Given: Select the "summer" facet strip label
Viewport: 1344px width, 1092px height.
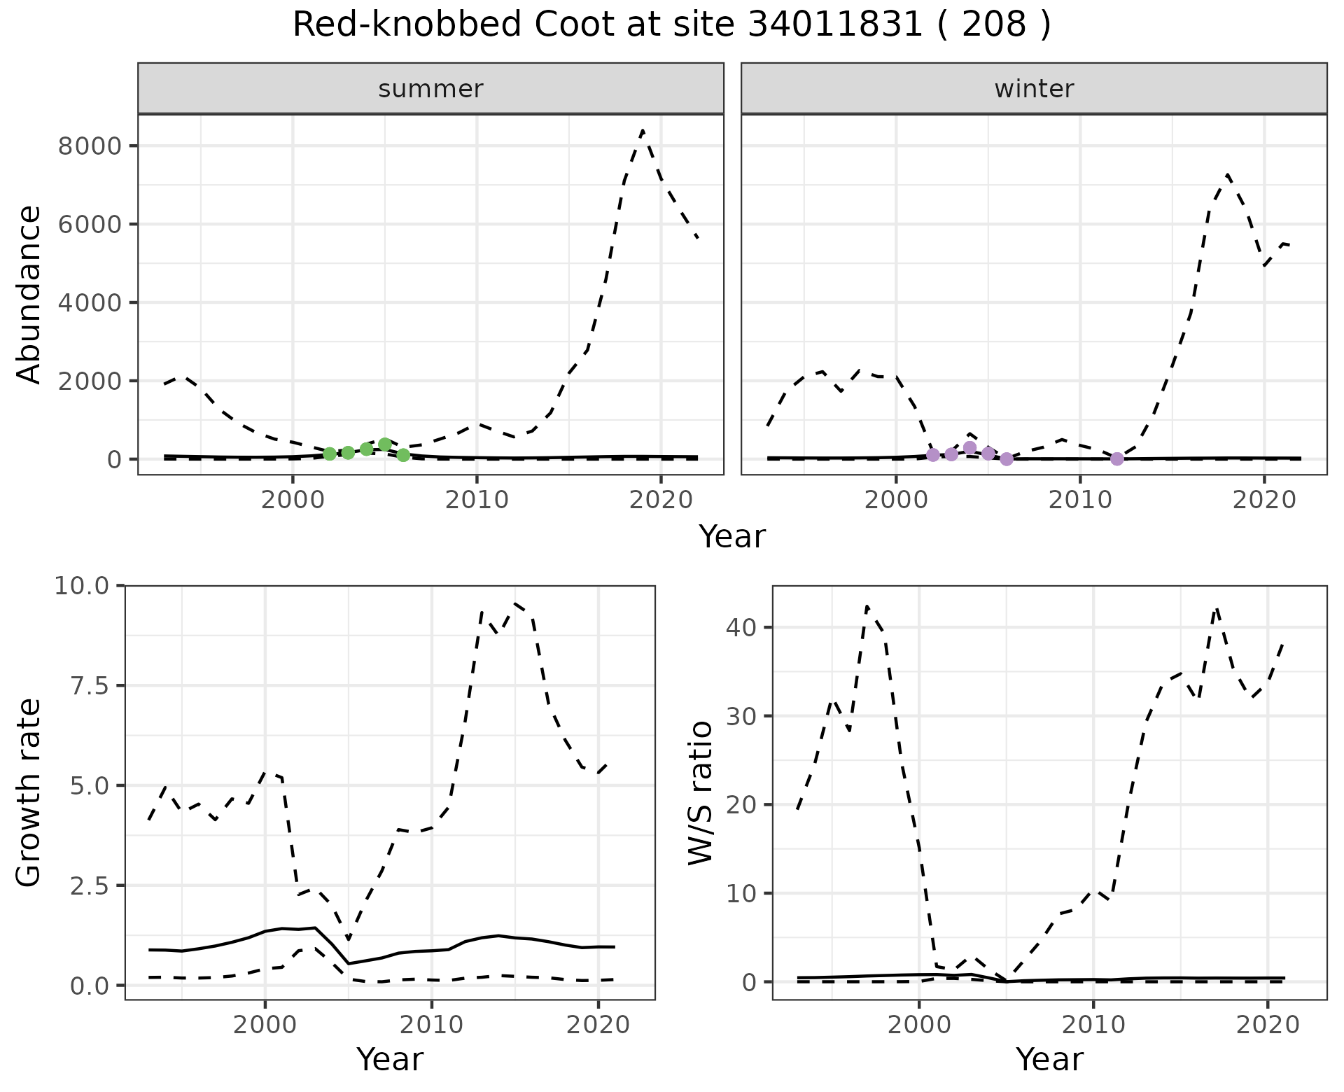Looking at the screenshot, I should tap(430, 89).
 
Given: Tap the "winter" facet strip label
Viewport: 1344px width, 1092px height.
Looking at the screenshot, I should tap(1034, 89).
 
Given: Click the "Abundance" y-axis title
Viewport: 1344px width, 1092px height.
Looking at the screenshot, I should tap(29, 294).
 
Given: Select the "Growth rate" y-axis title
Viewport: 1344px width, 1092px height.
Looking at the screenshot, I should tap(29, 792).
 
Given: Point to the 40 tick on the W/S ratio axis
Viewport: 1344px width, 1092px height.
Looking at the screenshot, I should tap(742, 627).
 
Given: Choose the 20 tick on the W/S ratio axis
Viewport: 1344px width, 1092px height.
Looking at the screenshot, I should tap(742, 805).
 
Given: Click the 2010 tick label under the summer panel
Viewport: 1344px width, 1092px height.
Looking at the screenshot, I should tap(477, 500).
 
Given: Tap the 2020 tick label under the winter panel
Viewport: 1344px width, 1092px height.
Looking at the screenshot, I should tap(1264, 500).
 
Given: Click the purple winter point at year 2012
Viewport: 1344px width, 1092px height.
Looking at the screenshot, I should tap(1117, 458).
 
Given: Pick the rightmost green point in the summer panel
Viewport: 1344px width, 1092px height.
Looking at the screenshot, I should tap(403, 455).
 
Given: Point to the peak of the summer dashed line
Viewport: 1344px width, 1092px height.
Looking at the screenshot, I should tap(643, 131).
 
